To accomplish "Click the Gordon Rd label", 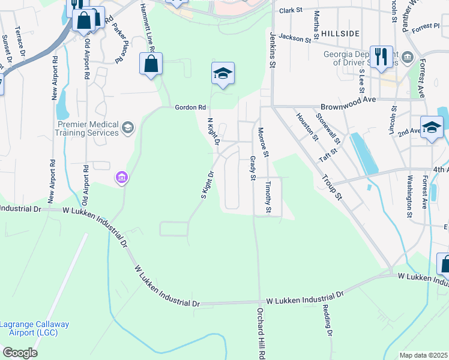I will (186, 107).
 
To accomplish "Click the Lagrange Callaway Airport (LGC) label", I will (34, 328).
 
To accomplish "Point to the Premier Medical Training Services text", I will (88, 128).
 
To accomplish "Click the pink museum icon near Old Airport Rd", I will (121, 178).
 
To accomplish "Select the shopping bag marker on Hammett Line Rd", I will (151, 64).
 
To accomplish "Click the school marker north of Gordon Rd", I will (223, 74).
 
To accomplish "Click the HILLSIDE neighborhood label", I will (340, 33).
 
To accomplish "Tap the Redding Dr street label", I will (328, 319).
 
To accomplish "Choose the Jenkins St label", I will (273, 49).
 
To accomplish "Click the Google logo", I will (20, 353).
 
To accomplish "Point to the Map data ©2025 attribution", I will (423, 355).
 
